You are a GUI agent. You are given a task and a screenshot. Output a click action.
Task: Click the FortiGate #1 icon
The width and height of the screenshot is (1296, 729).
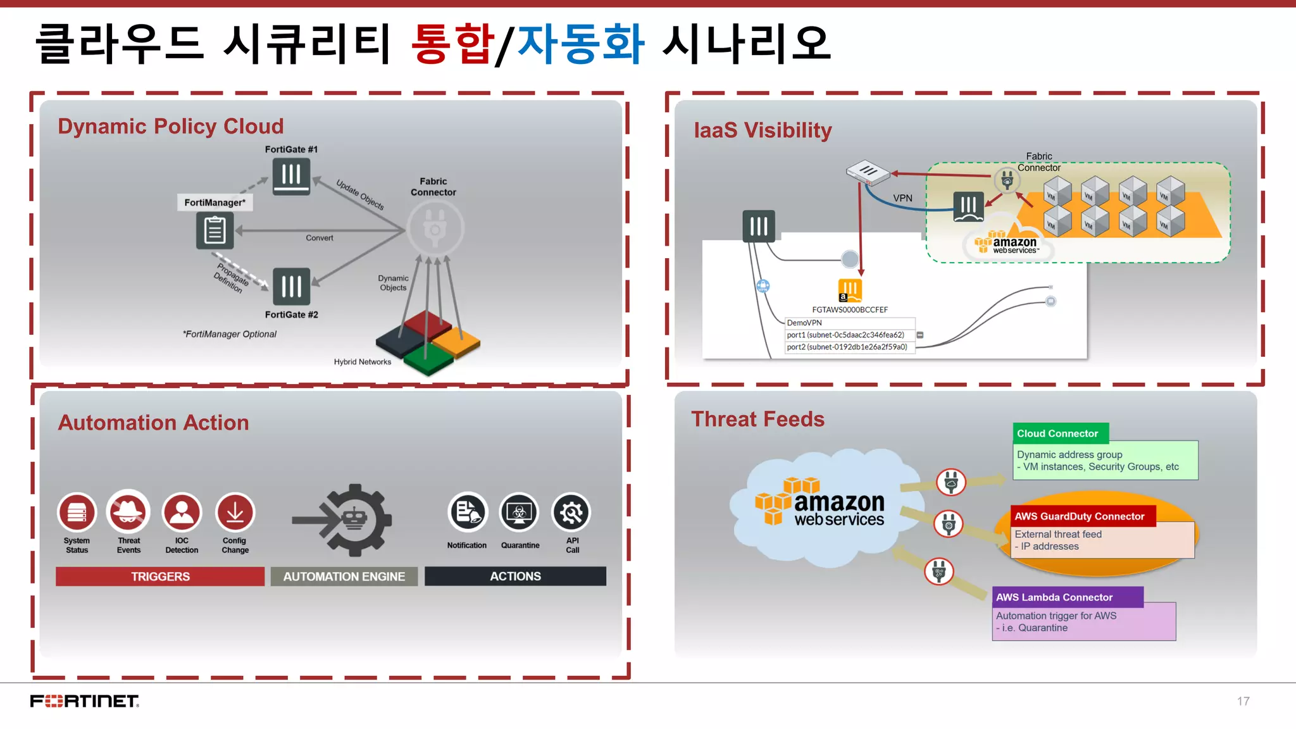(291, 175)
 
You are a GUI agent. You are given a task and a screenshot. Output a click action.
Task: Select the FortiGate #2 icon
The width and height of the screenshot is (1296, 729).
(291, 286)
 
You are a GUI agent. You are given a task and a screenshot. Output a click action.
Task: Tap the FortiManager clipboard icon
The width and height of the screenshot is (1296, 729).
(215, 230)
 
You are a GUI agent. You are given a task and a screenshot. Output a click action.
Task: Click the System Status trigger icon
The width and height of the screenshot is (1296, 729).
(77, 512)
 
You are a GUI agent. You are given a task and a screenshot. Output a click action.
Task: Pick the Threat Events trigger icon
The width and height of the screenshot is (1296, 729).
(128, 512)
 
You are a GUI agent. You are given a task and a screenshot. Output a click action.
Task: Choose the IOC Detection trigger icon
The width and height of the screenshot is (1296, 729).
(182, 512)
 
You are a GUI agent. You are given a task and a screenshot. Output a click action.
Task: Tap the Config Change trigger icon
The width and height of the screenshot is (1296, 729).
(235, 512)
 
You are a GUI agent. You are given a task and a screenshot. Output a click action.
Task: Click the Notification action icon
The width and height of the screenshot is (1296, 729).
(468, 512)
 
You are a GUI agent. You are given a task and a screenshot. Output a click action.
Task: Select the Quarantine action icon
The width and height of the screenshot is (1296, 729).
(520, 512)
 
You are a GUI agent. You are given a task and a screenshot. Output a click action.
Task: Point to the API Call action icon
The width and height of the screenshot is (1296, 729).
(571, 512)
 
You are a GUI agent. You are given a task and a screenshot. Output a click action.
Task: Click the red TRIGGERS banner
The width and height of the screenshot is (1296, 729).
(160, 576)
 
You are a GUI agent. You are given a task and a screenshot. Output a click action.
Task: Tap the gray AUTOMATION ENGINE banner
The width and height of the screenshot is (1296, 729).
(344, 576)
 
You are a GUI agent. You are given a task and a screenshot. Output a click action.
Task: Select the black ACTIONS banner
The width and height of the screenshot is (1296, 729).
(515, 576)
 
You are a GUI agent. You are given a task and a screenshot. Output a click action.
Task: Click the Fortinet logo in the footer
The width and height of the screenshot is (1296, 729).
(85, 701)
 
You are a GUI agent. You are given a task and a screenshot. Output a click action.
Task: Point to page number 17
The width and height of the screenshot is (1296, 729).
(1243, 701)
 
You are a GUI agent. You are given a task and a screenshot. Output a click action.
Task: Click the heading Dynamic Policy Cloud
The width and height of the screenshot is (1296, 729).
(171, 127)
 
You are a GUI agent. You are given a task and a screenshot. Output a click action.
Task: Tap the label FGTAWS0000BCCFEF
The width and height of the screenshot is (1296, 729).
(850, 310)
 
